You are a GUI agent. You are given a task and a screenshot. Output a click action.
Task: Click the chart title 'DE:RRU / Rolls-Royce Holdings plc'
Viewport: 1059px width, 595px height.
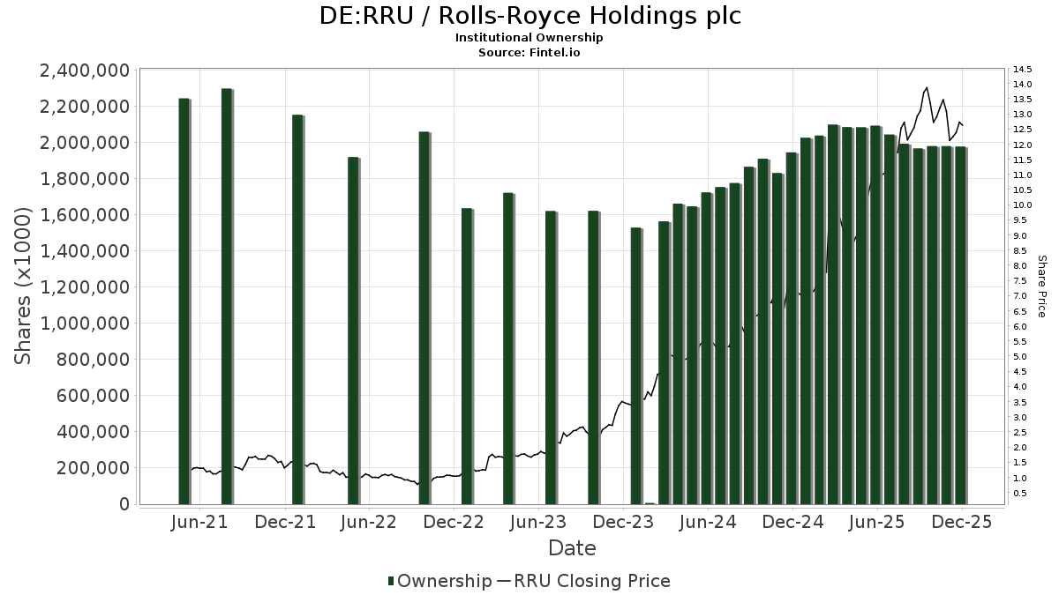(x=529, y=16)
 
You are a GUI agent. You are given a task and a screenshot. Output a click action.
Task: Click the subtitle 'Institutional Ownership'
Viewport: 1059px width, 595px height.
(x=529, y=38)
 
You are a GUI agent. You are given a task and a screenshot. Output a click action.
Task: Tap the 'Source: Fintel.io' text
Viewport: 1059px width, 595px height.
(x=529, y=53)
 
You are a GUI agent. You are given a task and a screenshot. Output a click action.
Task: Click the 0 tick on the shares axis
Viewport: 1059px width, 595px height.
(x=123, y=504)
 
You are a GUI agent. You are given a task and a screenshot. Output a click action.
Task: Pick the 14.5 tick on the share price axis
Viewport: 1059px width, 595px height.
(x=1024, y=70)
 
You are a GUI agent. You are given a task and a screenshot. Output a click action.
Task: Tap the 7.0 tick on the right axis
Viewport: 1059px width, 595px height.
(x=1021, y=296)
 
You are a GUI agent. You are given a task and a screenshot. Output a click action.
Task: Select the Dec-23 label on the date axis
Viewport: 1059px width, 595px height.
(x=623, y=522)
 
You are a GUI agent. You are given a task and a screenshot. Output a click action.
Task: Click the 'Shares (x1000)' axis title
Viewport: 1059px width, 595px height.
(x=24, y=286)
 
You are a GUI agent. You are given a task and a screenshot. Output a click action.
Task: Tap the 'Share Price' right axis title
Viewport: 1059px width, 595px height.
(x=1041, y=286)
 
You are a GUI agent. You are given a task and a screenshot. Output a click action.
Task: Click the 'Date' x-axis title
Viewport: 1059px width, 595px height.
(x=572, y=548)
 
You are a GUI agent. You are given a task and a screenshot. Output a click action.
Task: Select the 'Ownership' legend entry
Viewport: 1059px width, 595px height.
(x=439, y=581)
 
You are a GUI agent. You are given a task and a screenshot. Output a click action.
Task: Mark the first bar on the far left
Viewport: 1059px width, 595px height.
(x=184, y=301)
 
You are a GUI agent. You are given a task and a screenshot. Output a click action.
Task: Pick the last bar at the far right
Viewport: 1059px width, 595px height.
(x=960, y=325)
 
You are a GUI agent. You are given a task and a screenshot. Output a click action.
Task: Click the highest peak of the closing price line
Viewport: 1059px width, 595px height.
(x=926, y=88)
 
